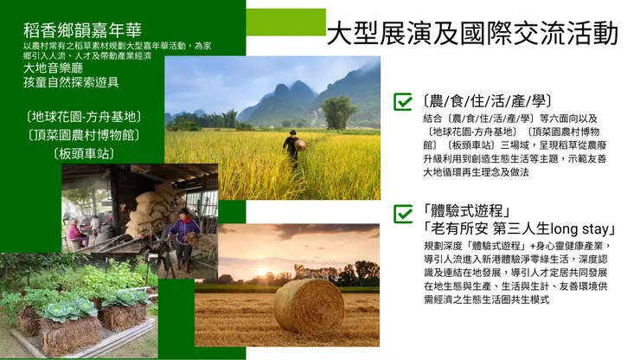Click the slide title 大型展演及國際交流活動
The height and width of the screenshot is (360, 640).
pyautogui.click(x=472, y=34)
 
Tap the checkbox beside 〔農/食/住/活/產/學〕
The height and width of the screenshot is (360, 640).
pyautogui.click(x=403, y=102)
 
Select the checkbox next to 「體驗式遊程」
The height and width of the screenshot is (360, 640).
pyautogui.click(x=403, y=213)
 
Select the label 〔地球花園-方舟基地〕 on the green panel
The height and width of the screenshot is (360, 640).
pyautogui.click(x=84, y=116)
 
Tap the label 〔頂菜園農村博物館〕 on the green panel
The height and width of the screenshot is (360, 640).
pyautogui.click(x=84, y=135)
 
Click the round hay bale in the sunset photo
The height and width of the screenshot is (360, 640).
pyautogui.click(x=309, y=305)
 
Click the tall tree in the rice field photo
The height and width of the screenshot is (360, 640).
pyautogui.click(x=338, y=112)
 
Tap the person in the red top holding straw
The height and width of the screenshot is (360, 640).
pyautogui.click(x=182, y=235)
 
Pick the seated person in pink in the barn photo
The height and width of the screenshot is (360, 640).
pyautogui.click(x=77, y=233)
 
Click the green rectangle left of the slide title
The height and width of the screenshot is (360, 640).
pyautogui.click(x=285, y=22)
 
